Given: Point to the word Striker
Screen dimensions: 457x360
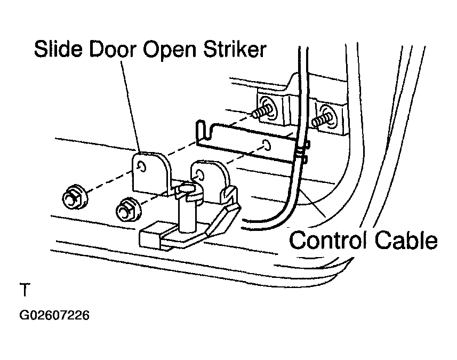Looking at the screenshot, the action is pos(235,49).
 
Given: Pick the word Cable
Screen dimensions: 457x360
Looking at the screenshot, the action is pos(406,240).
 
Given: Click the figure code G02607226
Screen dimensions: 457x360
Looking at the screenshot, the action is pos(54,315).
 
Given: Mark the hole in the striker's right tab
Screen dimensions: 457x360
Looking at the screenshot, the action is pos(199,174).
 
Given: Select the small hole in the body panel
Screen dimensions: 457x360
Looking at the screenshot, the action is pos(266,145).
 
